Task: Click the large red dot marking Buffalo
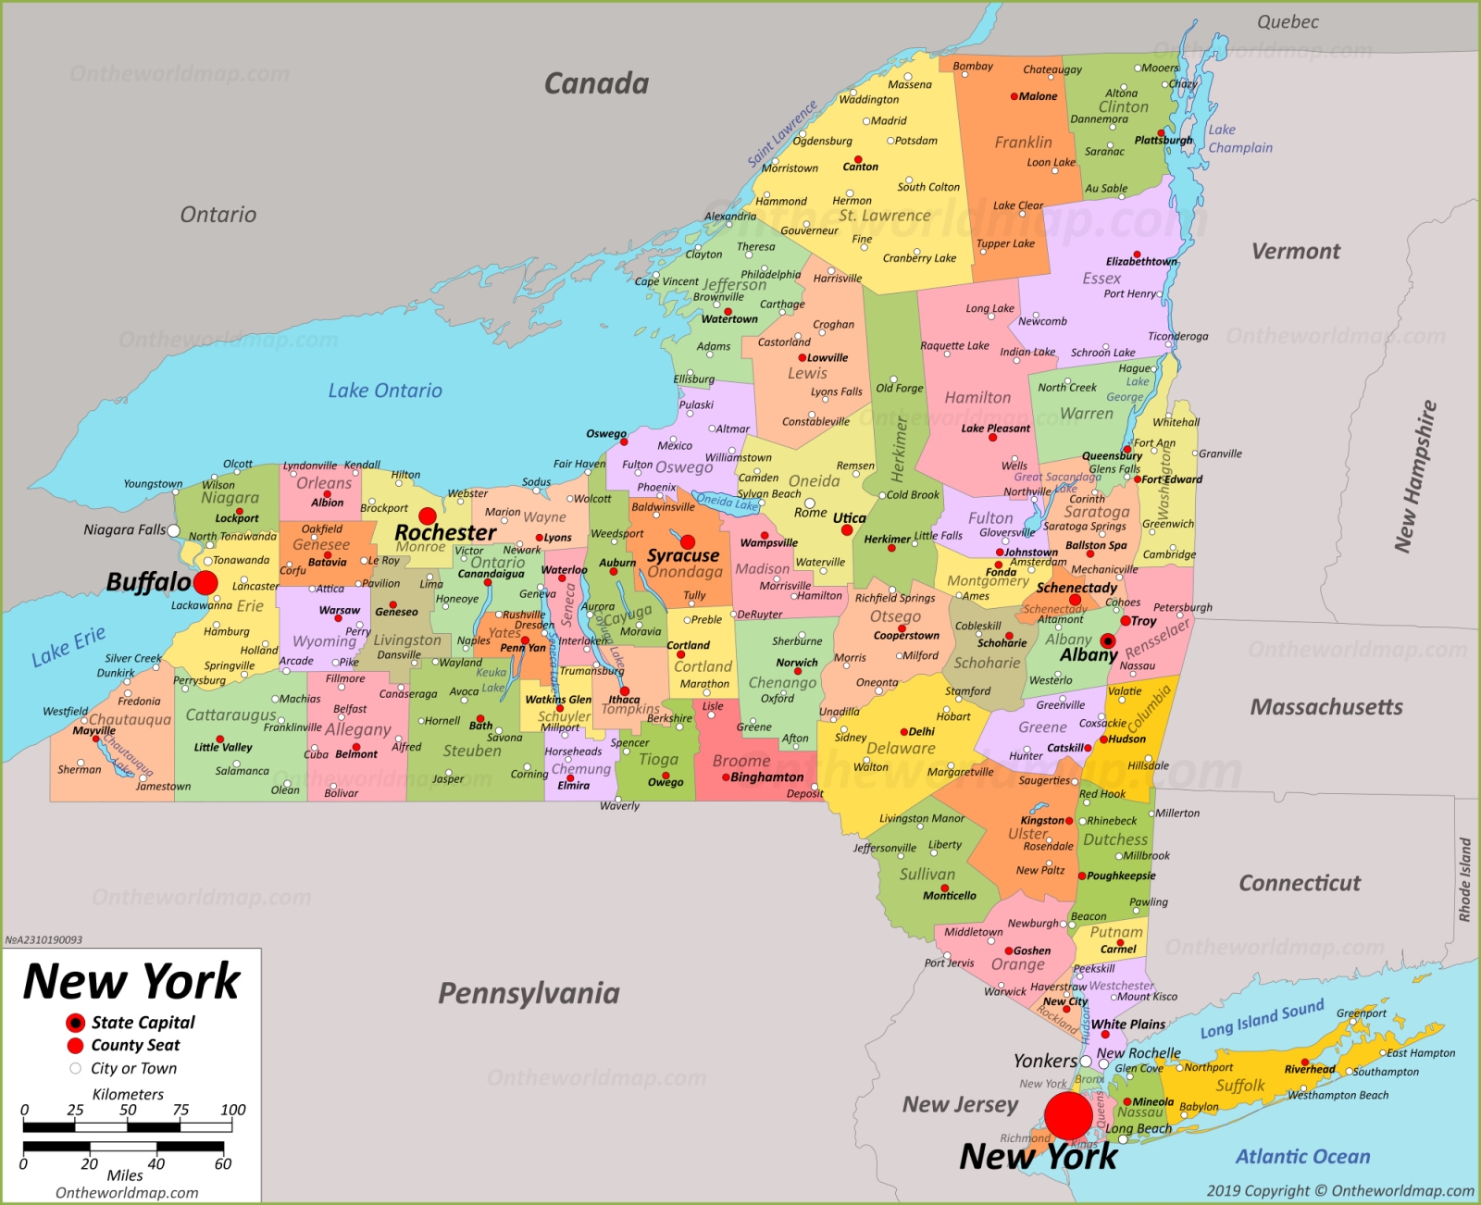pyautogui.click(x=205, y=582)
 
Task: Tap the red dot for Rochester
pyautogui.click(x=428, y=516)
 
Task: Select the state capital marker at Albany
pyautogui.click(x=1108, y=640)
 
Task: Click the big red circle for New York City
pyautogui.click(x=1068, y=1115)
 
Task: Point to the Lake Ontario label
pyautogui.click(x=385, y=391)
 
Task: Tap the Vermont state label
pyautogui.click(x=1296, y=251)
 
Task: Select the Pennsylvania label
pyautogui.click(x=529, y=993)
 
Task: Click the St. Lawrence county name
pyautogui.click(x=884, y=216)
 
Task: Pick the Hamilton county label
pyautogui.click(x=977, y=397)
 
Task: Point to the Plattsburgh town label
pyautogui.click(x=1164, y=141)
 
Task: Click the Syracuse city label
pyautogui.click(x=683, y=555)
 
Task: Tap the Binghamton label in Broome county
pyautogui.click(x=766, y=777)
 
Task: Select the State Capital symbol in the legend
pyautogui.click(x=75, y=1023)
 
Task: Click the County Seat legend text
pyautogui.click(x=135, y=1045)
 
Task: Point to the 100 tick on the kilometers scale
pyautogui.click(x=232, y=1110)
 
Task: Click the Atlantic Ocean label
pyautogui.click(x=1302, y=1156)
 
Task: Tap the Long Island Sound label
pyautogui.click(x=1262, y=1018)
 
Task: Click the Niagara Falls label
pyautogui.click(x=125, y=529)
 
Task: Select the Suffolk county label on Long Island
pyautogui.click(x=1240, y=1086)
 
